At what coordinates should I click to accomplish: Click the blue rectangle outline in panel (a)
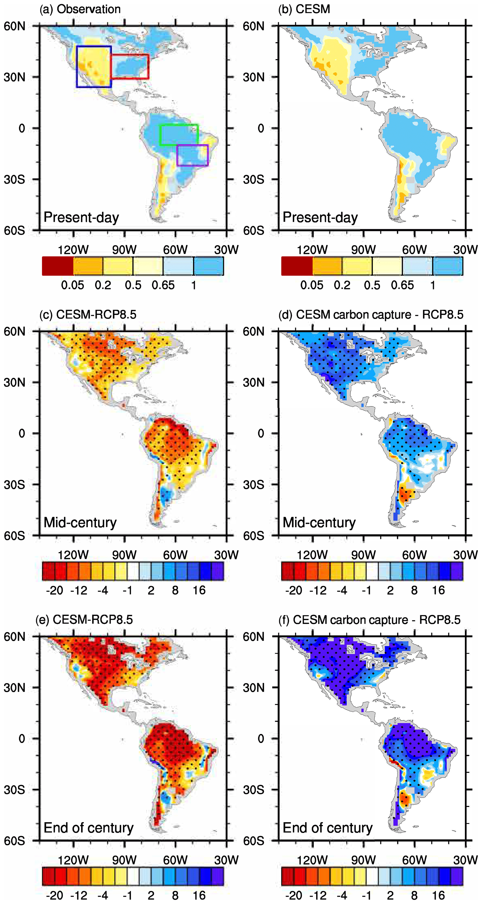[x=77, y=67]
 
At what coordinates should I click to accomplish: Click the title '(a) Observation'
[x=80, y=9]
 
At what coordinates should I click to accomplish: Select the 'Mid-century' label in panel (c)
[x=80, y=523]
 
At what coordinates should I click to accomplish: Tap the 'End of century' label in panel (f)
[x=327, y=828]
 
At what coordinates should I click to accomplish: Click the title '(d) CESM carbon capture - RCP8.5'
[x=371, y=314]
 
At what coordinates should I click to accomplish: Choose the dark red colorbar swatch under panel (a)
[x=58, y=266]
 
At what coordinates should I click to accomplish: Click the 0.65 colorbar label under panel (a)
[x=163, y=285]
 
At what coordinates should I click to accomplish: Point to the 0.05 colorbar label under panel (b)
[x=312, y=285]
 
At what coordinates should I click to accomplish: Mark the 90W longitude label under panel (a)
[x=124, y=250]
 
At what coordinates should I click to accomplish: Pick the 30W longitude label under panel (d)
[x=465, y=555]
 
